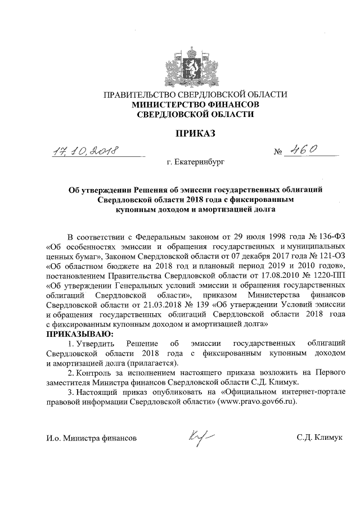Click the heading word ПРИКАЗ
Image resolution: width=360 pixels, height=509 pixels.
(196, 134)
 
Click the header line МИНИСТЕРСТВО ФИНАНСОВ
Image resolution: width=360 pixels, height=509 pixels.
(195, 104)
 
